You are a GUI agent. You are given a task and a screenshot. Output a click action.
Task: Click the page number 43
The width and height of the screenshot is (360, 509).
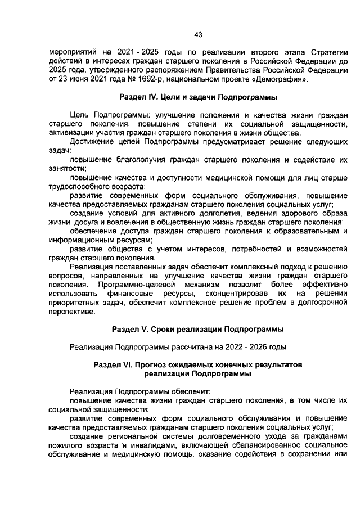tap(198, 35)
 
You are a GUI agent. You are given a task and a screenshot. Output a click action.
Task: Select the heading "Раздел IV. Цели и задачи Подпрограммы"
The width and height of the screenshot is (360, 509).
tap(197, 97)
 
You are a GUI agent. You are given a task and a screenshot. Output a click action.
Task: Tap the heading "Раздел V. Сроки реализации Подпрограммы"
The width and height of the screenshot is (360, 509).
tap(197, 329)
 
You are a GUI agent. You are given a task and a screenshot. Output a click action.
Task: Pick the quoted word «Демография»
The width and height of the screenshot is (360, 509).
tap(280, 79)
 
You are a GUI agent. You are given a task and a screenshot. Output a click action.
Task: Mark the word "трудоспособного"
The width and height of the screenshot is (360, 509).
tap(79, 186)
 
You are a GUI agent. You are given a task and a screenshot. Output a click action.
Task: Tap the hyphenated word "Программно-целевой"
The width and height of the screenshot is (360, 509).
tap(134, 285)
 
